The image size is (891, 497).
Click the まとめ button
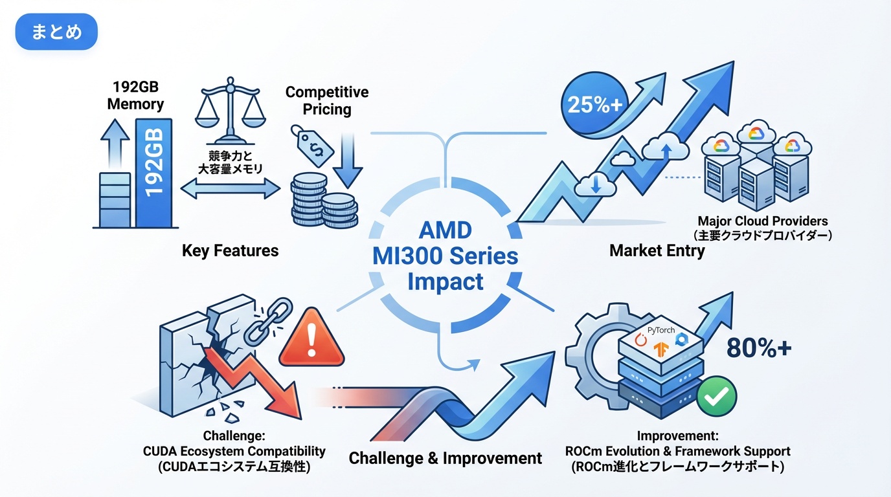point(56,32)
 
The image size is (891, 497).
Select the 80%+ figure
point(758,348)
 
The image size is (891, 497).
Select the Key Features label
point(230,250)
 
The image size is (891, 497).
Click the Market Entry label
point(657,250)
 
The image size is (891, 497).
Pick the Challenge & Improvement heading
point(445,458)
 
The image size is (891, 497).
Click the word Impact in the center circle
point(445,282)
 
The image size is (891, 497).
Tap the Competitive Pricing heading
point(327,100)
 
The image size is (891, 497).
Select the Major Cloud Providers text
point(762,221)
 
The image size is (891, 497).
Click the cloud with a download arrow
point(594,184)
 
